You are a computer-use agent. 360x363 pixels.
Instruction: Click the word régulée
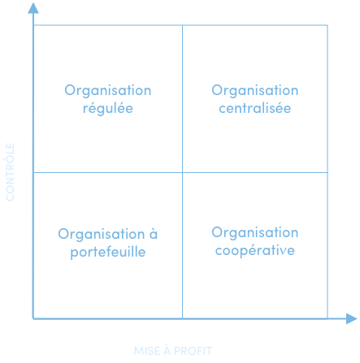[108, 109]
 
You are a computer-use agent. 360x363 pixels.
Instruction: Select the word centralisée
[255, 108]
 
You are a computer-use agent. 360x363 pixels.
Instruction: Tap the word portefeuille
[108, 253]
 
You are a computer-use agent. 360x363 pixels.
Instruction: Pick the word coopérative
[255, 250]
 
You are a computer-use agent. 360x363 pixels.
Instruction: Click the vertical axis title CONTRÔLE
[10, 172]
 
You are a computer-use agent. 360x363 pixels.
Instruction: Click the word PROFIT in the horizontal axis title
[193, 351]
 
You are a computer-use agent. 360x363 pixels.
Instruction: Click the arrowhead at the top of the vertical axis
[33, 8]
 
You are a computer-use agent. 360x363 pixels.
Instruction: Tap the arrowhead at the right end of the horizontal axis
[352, 318]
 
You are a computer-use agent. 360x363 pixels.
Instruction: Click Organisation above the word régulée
[108, 91]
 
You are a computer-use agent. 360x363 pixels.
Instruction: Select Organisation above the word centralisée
[255, 91]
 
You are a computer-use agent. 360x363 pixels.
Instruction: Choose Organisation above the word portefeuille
[102, 235]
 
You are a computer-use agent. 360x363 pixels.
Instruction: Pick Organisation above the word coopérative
[255, 233]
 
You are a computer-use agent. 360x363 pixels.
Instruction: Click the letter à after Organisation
[154, 233]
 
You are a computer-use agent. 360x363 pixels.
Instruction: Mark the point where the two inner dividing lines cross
[182, 172]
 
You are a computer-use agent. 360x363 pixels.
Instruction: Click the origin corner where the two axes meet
[33, 318]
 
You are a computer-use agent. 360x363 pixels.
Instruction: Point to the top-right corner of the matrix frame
[327, 25]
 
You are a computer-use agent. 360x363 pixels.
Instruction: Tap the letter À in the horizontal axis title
[167, 350]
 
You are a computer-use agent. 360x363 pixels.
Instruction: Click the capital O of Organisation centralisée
[218, 90]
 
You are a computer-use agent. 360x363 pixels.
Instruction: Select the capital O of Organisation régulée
[71, 90]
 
